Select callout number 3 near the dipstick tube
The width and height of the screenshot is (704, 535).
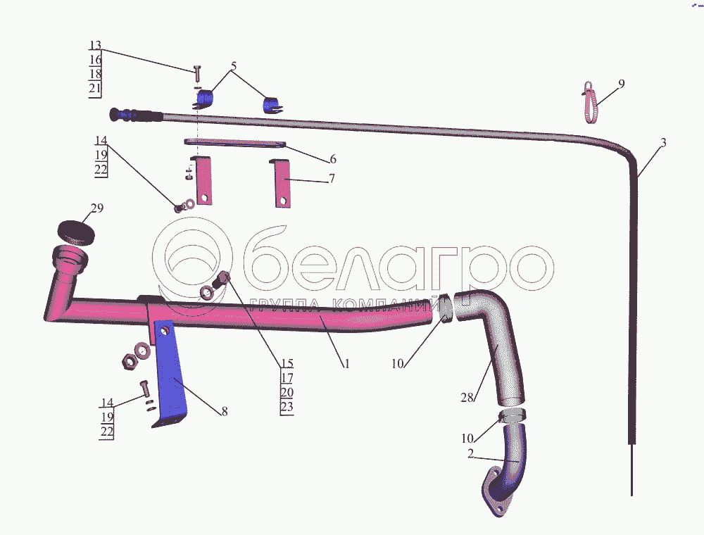tap(662, 143)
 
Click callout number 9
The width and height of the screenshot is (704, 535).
tap(621, 84)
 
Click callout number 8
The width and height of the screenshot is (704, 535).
tap(224, 412)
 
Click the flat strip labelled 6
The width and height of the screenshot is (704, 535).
tap(235, 144)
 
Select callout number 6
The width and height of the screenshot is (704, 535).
tap(332, 158)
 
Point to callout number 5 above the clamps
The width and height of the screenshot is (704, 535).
tap(234, 65)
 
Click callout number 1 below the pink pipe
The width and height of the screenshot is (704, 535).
tap(346, 365)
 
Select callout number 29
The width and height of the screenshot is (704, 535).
tap(96, 208)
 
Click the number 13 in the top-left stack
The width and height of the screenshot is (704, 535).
tap(96, 46)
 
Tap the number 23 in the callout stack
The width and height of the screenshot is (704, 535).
tap(287, 406)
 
